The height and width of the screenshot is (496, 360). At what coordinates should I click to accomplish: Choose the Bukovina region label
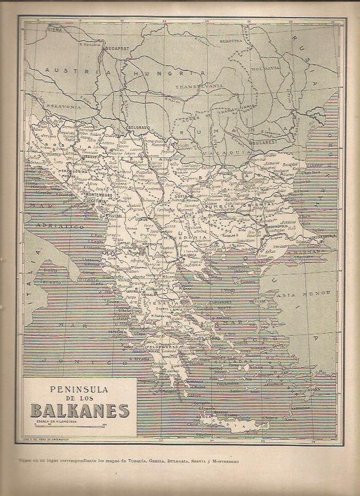(x=232, y=41)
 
